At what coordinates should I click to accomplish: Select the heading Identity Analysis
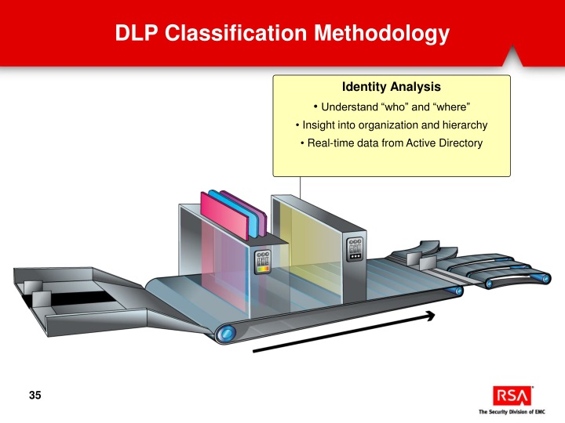392,87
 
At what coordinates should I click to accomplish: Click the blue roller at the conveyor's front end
228,334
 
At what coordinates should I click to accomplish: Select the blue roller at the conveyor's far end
457,291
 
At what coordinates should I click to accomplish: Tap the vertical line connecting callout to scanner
301,188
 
